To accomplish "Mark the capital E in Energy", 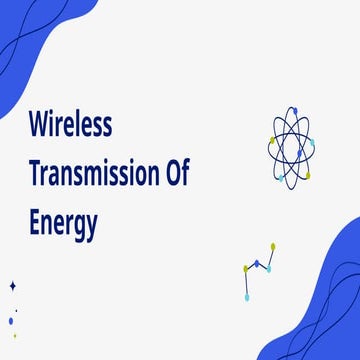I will pyautogui.click(x=34, y=223).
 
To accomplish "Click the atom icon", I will pyautogui.click(x=291, y=146).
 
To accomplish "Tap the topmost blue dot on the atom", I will pyautogui.click(x=293, y=110).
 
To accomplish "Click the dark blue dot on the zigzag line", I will pyautogui.click(x=257, y=264).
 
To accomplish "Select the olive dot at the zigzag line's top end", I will pyautogui.click(x=273, y=246).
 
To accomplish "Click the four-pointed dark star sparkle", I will pyautogui.click(x=13, y=286).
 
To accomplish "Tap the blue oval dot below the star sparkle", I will pyautogui.click(x=11, y=321).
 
